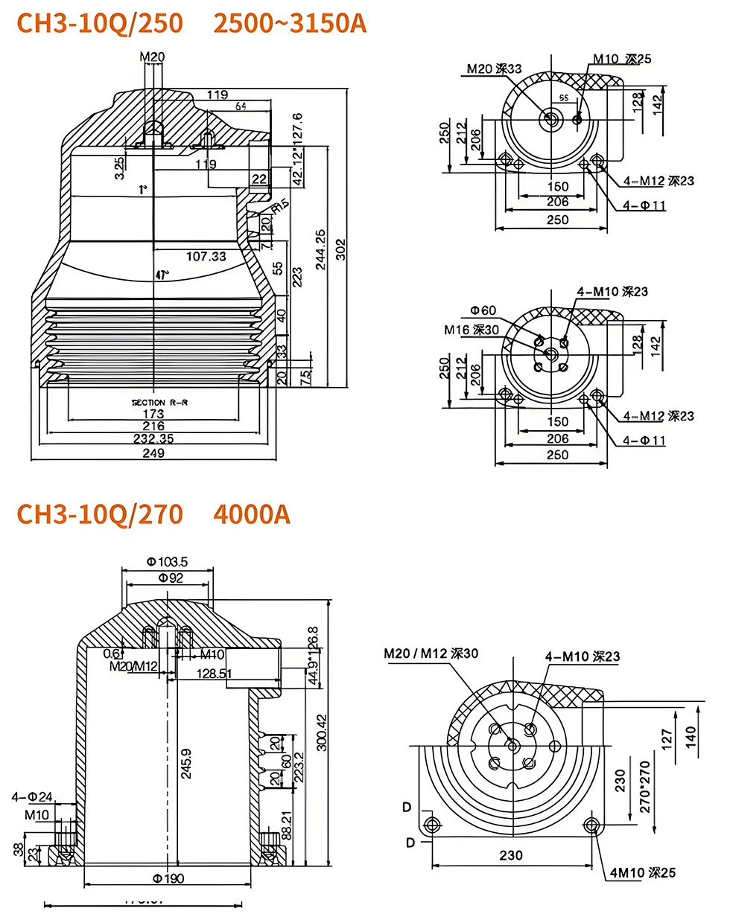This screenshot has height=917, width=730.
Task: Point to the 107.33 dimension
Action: (x=206, y=256)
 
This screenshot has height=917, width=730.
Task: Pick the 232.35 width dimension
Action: (x=153, y=439)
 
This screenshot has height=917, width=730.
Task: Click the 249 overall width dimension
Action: (x=153, y=453)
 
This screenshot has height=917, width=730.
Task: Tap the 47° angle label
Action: (x=162, y=275)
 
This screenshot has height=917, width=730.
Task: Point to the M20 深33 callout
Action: (x=495, y=68)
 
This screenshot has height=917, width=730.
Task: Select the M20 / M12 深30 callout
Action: (x=431, y=654)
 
